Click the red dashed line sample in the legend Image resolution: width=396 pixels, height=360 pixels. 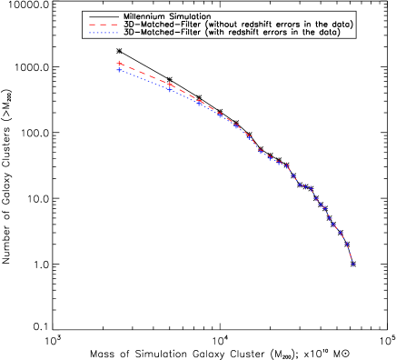pyautogui.click(x=104, y=25)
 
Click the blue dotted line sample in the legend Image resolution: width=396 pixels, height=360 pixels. pyautogui.click(x=104, y=33)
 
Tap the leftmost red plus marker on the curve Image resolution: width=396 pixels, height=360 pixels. pyautogui.click(x=119, y=64)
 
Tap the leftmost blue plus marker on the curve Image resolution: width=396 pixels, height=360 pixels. pyautogui.click(x=119, y=70)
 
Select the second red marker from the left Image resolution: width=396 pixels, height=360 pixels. pyautogui.click(x=170, y=85)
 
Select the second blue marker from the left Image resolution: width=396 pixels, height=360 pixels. pyautogui.click(x=169, y=89)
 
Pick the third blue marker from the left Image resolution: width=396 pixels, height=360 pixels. pyautogui.click(x=199, y=103)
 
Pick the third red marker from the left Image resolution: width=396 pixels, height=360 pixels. pyautogui.click(x=200, y=101)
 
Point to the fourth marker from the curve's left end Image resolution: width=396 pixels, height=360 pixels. pyautogui.click(x=220, y=115)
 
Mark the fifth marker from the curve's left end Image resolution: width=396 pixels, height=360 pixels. pyautogui.click(x=237, y=126)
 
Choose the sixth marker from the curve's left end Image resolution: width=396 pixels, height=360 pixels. pyautogui.click(x=248, y=136)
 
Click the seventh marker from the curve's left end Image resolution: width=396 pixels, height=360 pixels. pyautogui.click(x=260, y=151)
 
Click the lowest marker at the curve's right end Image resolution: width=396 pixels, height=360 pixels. pyautogui.click(x=352, y=265)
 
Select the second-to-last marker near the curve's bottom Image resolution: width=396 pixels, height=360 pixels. pyautogui.click(x=347, y=244)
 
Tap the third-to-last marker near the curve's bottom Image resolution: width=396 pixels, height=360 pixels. pyautogui.click(x=341, y=233)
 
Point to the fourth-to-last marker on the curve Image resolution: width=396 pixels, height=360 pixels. pyautogui.click(x=332, y=224)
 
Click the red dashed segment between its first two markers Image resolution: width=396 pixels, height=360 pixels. pyautogui.click(x=144, y=74)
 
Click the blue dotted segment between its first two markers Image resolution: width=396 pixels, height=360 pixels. pyautogui.click(x=144, y=80)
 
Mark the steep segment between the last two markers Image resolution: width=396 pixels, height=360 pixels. pyautogui.click(x=350, y=255)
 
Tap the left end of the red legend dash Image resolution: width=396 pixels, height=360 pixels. pyautogui.click(x=90, y=25)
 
